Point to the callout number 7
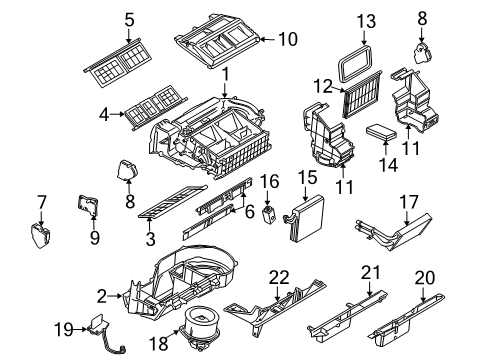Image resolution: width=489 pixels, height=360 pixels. point(41,203)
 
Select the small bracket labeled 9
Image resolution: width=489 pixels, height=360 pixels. point(87,206)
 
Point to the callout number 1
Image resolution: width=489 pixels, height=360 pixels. point(226,73)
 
